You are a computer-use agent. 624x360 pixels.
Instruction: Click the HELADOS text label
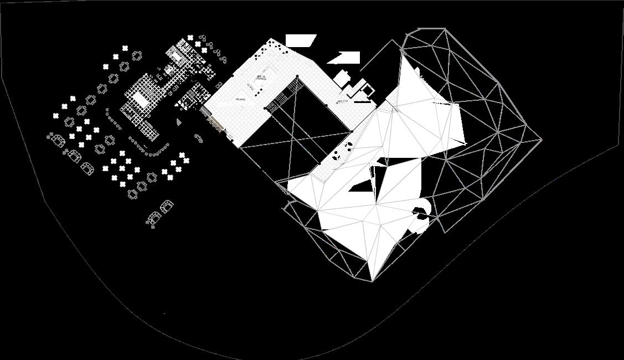[x=240, y=99]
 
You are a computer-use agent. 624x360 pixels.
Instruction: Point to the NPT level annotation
[x=343, y=101]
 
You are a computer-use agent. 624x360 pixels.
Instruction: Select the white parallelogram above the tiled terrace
[x=301, y=40]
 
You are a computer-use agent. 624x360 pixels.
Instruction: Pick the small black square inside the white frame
[x=365, y=87]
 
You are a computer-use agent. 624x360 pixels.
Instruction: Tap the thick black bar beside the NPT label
[x=362, y=102]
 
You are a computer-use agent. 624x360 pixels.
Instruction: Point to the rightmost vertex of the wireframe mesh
[x=541, y=140]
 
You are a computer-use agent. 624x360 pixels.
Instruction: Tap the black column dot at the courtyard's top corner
[x=297, y=76]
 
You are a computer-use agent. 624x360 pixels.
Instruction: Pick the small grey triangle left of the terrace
[x=179, y=121]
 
